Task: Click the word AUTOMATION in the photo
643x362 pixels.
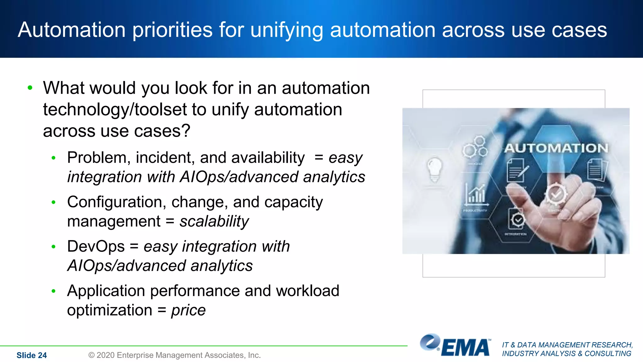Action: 556,148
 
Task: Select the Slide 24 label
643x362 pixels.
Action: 31,355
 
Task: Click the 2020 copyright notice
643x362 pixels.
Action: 175,355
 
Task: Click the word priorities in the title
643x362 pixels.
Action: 172,30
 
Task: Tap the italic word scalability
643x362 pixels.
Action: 214,221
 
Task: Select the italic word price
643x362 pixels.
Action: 188,310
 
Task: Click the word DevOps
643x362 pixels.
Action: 96,246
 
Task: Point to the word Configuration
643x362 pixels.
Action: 116,202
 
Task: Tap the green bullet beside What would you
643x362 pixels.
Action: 30,88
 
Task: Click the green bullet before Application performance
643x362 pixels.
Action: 54,291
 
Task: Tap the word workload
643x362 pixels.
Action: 308,291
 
